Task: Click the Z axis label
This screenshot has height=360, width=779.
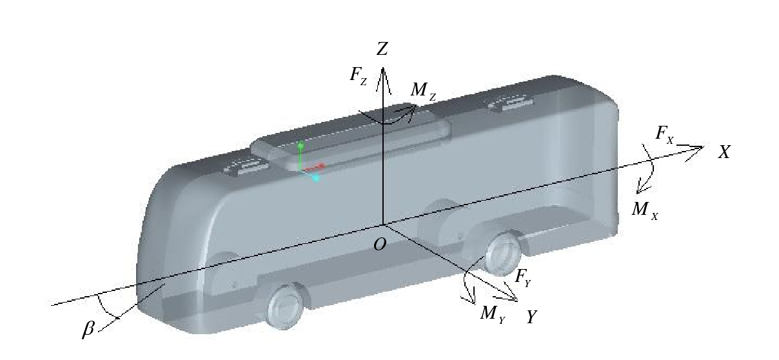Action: coord(382,48)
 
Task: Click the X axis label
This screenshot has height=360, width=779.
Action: coord(724,152)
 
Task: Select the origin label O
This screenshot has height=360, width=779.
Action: coord(380,245)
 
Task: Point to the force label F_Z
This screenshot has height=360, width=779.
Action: coord(359,75)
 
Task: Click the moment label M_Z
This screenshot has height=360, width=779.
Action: coord(423,91)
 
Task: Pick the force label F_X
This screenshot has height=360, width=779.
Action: coord(665,135)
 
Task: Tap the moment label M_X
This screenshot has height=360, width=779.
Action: coord(645,211)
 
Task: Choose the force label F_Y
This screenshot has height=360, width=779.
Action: coord(523,278)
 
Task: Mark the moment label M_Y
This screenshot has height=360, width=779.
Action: coord(493,314)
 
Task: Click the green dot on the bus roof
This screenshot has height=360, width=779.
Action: coord(301,145)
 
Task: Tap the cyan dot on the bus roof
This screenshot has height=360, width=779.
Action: coord(316,179)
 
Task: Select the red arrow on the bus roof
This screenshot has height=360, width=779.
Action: coord(315,168)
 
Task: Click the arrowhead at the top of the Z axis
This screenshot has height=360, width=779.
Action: coord(383,80)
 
